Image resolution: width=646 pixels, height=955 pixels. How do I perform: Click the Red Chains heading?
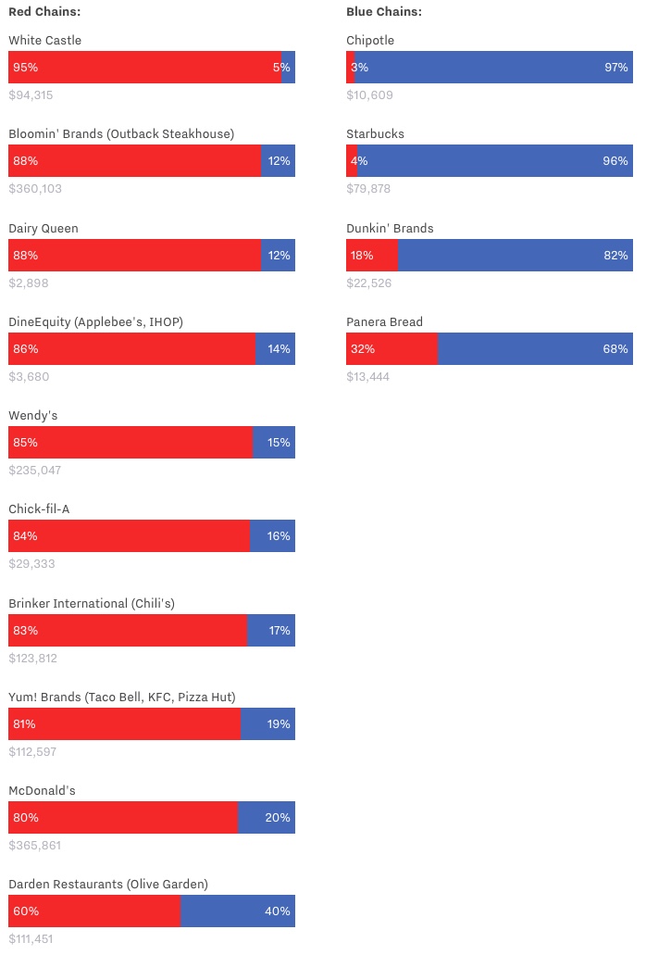[44, 11]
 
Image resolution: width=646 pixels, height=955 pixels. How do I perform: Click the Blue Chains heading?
[384, 11]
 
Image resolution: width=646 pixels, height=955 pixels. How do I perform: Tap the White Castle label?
[44, 41]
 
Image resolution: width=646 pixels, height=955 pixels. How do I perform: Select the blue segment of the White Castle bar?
[289, 68]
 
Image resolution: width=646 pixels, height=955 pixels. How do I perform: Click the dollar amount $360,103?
[35, 189]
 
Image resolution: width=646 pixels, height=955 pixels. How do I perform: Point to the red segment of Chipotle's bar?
[350, 68]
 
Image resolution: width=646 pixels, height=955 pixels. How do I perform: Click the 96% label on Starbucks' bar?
[615, 161]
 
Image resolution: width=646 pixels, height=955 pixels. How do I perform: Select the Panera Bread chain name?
[384, 322]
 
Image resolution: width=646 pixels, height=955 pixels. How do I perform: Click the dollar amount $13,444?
[368, 377]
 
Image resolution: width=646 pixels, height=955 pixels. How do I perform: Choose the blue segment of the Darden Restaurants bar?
[238, 911]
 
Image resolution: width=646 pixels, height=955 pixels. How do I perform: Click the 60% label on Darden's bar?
[25, 911]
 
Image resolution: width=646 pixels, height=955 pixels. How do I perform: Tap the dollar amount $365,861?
[35, 846]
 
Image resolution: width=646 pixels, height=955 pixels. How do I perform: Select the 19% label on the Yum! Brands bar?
[279, 724]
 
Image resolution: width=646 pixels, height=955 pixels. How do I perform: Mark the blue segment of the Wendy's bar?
[274, 443]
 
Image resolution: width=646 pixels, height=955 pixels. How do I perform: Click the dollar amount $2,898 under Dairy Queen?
[29, 283]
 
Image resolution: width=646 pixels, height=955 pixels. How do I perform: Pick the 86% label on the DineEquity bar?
[25, 349]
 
